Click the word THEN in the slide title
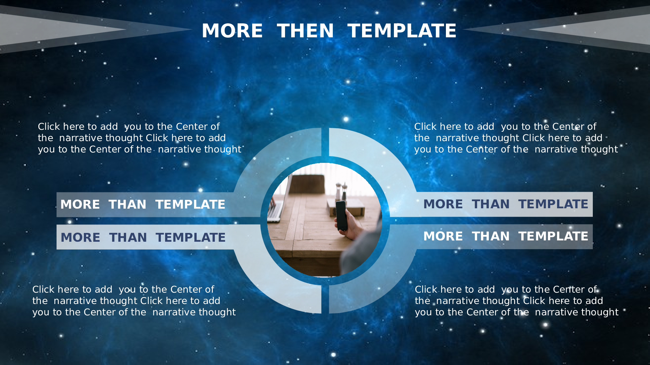click(x=305, y=31)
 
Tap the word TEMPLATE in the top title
click(x=402, y=31)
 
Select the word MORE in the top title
click(x=232, y=31)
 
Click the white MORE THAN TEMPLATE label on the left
click(x=143, y=204)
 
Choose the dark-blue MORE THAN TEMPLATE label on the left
click(x=143, y=237)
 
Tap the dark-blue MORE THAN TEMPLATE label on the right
click(x=506, y=204)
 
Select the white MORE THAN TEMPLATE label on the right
click(x=506, y=236)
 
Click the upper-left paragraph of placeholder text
click(x=139, y=138)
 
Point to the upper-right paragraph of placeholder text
click(x=516, y=138)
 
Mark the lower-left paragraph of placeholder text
click(x=134, y=301)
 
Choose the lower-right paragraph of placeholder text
click(x=516, y=301)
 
